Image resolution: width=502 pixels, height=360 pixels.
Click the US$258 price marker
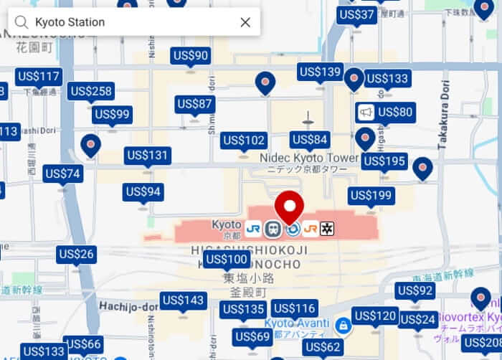[x=91, y=91]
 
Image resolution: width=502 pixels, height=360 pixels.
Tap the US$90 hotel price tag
[x=190, y=55]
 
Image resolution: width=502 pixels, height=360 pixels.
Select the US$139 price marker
[x=320, y=72]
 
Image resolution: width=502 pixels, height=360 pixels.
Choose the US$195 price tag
[x=384, y=161]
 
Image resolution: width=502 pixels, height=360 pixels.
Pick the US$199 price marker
[x=371, y=195]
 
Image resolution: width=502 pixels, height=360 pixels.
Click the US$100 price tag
[x=227, y=259]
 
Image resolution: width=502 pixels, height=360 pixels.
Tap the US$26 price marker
[x=77, y=254]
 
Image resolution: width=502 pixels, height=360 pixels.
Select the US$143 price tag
[x=184, y=300]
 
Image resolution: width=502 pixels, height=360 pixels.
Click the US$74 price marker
[x=62, y=174]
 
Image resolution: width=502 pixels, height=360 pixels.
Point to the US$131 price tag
[x=148, y=155]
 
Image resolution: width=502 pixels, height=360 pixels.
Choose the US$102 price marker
[x=244, y=141]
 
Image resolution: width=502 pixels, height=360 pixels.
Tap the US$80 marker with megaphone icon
[x=386, y=112]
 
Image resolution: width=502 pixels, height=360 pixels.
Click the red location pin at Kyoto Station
[x=290, y=207]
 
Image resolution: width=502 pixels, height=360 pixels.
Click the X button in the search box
[x=245, y=22]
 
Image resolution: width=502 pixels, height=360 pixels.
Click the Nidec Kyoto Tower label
[x=308, y=158]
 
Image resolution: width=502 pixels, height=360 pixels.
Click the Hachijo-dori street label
[x=128, y=306]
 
